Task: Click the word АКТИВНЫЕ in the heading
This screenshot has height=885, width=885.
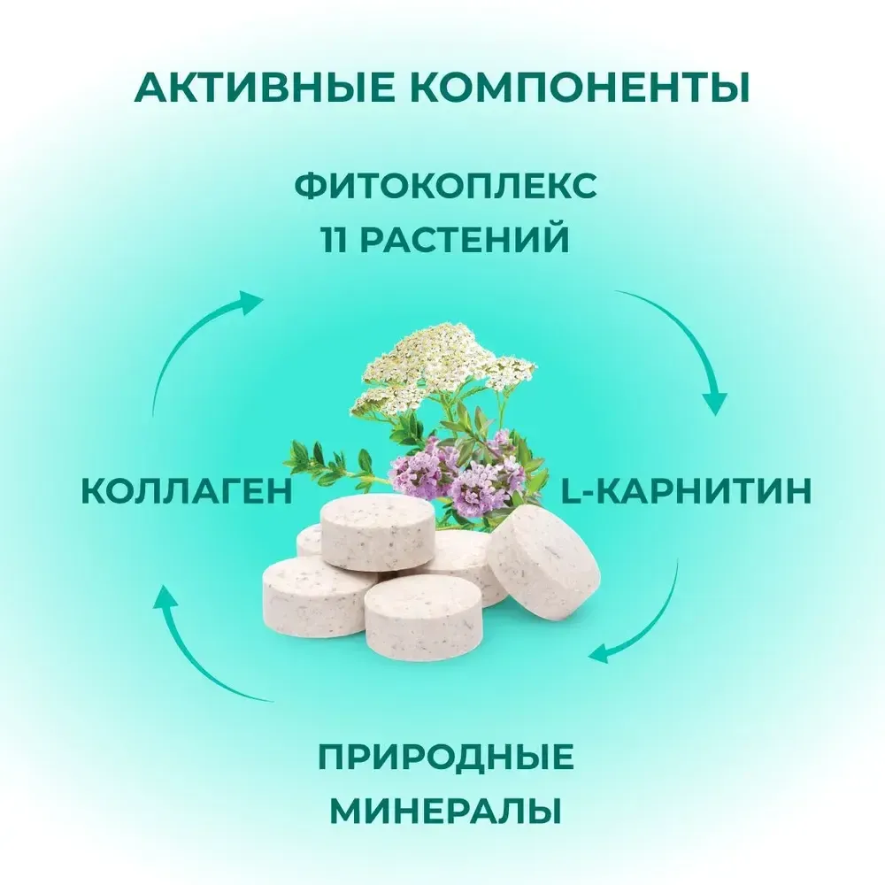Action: coord(252,88)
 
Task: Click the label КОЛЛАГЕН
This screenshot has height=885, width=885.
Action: coord(187,492)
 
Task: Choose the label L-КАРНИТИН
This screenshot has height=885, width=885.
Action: coord(687,492)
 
